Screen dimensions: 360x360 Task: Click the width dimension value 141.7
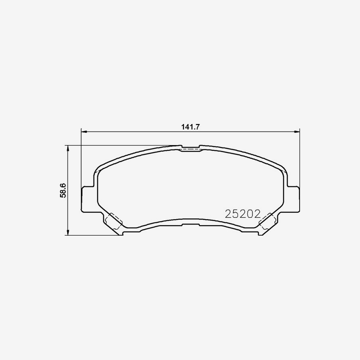tap(190, 127)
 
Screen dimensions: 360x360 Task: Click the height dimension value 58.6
tap(63, 190)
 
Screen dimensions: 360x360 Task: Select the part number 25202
tap(243, 214)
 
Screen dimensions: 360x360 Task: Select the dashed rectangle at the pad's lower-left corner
tap(114, 221)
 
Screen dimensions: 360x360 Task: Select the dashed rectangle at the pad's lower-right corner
tap(266, 221)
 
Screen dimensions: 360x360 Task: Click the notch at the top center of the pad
tap(190, 148)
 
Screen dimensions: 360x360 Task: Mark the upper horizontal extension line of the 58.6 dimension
tap(120, 145)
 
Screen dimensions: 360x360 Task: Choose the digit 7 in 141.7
tap(197, 127)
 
